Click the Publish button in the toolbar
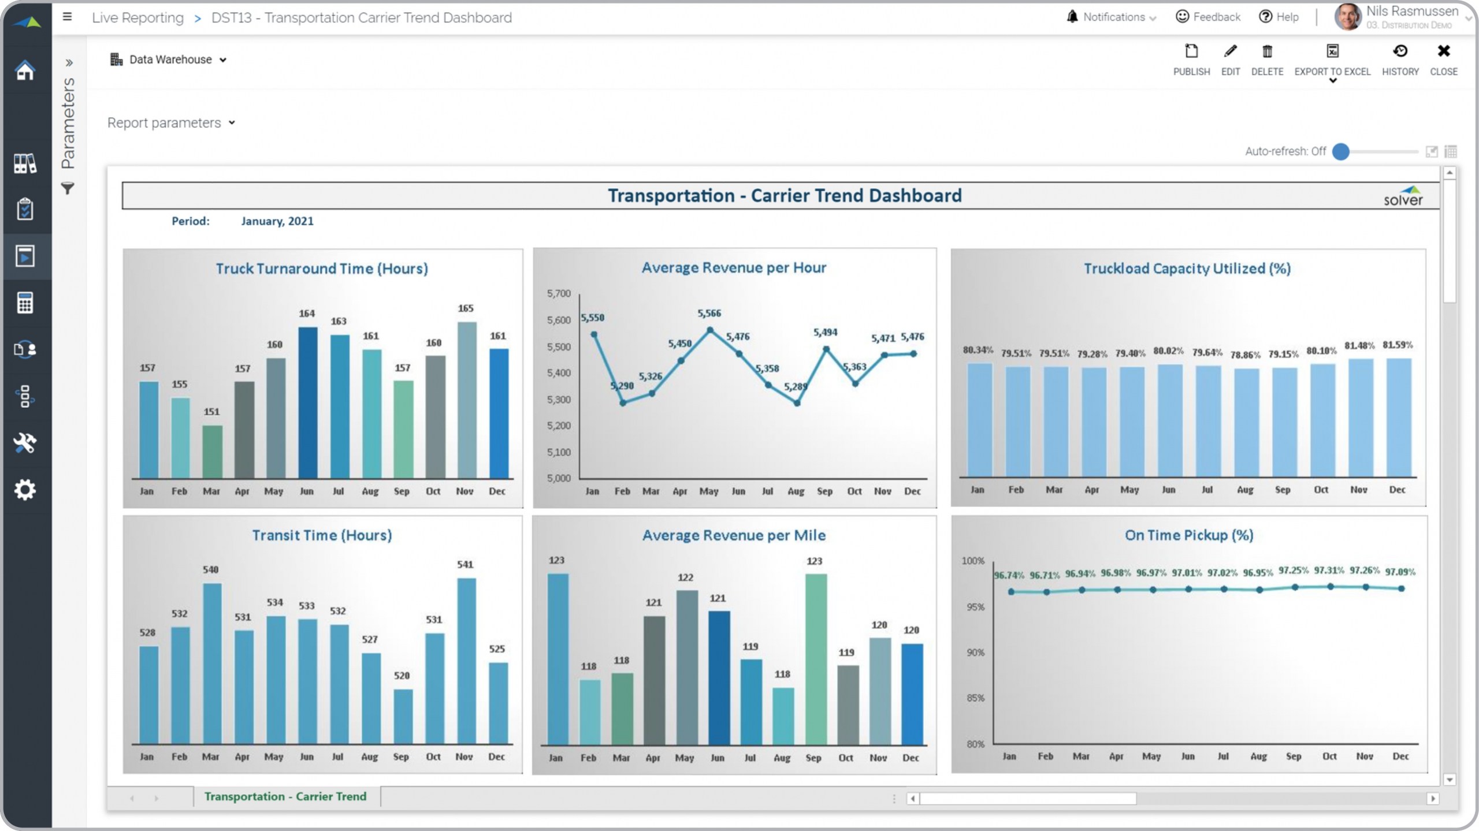pyautogui.click(x=1191, y=59)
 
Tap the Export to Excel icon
pyautogui.click(x=1332, y=51)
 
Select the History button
pyautogui.click(x=1400, y=59)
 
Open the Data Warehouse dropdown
pyautogui.click(x=168, y=59)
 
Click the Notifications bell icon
pyautogui.click(x=1072, y=17)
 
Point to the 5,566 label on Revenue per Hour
pyautogui.click(x=709, y=313)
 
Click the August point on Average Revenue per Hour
pyautogui.click(x=797, y=403)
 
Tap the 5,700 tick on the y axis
pyautogui.click(x=559, y=293)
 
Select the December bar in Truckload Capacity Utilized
pyautogui.click(x=1398, y=417)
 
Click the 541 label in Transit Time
pyautogui.click(x=465, y=564)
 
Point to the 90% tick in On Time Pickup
pyautogui.click(x=975, y=653)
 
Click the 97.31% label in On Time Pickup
pyautogui.click(x=1329, y=570)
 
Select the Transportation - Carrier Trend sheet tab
pyautogui.click(x=285, y=796)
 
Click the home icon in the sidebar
pyautogui.click(x=25, y=70)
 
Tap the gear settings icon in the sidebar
pyautogui.click(x=25, y=490)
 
